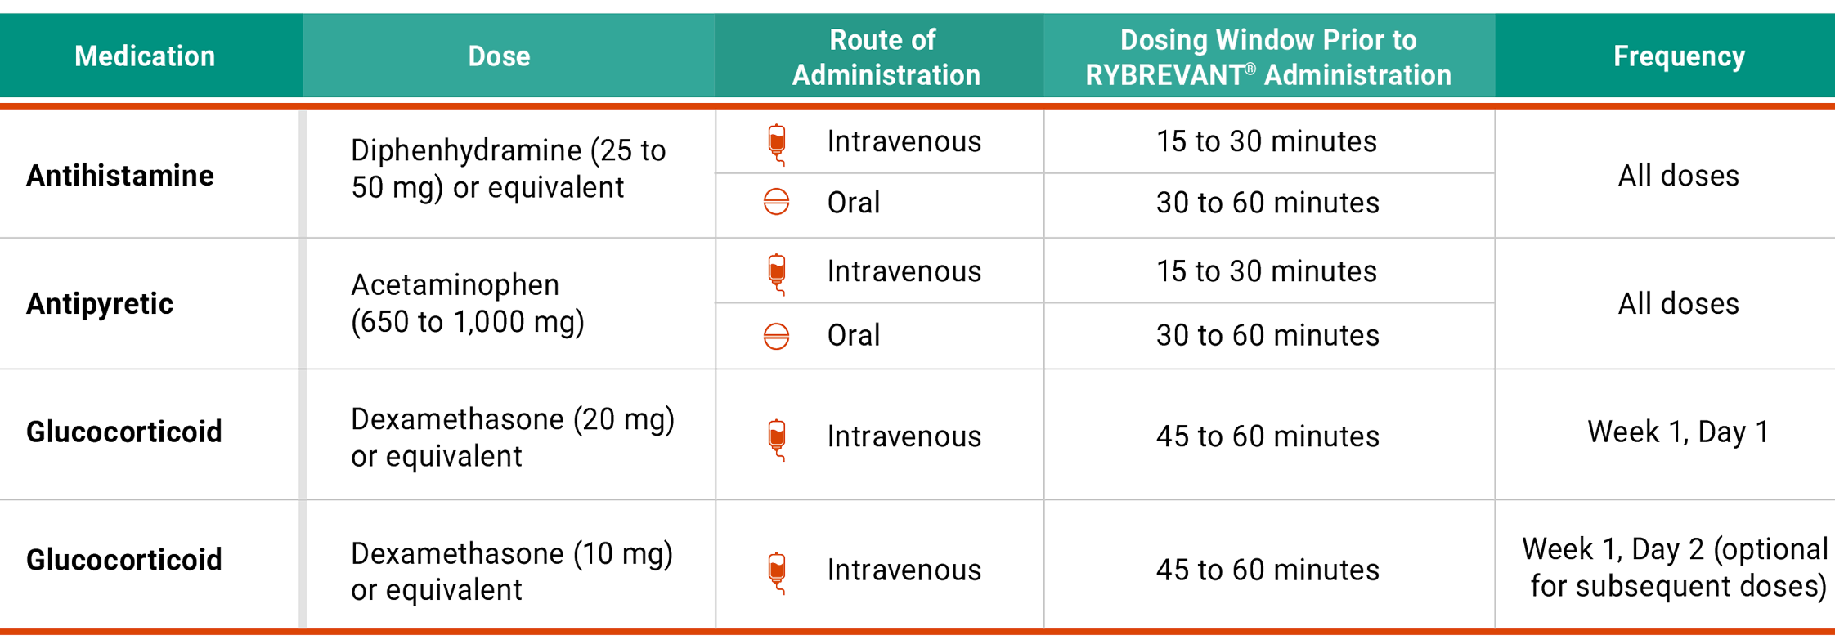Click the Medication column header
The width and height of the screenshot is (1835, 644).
pos(145,56)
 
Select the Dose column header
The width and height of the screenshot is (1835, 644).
pos(499,56)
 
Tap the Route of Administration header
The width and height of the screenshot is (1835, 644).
pos(885,57)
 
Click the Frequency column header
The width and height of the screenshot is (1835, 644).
pos(1679,56)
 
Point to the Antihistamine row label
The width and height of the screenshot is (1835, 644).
pos(120,176)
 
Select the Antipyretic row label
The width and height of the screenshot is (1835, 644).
pos(100,304)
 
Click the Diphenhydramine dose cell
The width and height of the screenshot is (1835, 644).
pos(507,169)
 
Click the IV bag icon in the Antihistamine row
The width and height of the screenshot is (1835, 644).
pos(777,144)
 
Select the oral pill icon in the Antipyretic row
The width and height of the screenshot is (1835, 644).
pos(776,336)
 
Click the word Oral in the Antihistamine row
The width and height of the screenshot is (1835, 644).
pos(853,203)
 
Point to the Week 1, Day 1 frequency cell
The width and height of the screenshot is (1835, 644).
pos(1677,432)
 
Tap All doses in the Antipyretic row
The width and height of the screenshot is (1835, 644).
pos(1678,304)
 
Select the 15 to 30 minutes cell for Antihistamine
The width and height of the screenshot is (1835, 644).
pos(1267,142)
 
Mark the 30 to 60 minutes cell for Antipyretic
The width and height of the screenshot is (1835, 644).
pos(1267,336)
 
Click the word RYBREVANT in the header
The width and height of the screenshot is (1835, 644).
pos(1164,75)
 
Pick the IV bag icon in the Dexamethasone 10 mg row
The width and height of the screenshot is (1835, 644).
pos(777,572)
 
